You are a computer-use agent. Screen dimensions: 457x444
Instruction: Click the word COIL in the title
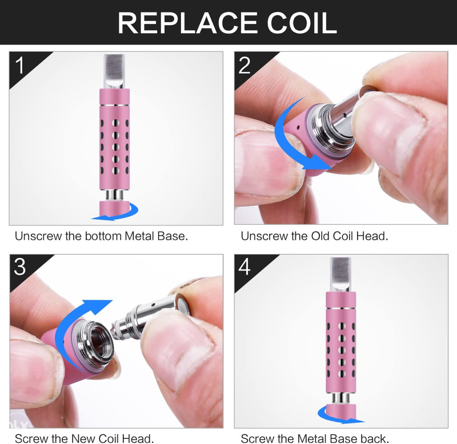pos(302,23)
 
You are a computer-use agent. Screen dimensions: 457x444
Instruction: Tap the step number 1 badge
pos(20,65)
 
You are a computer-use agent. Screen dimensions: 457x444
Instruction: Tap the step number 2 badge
pos(244,65)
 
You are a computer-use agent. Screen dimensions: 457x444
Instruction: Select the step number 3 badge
pos(20,267)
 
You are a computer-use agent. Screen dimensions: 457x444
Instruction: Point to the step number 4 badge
pos(244,267)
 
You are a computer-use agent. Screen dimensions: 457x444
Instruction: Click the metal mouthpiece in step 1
pos(114,71)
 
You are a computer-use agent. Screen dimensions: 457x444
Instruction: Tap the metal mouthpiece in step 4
pos(340,275)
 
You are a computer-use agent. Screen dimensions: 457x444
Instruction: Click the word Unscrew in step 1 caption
pos(38,236)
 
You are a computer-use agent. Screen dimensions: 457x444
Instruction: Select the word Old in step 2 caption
pos(320,236)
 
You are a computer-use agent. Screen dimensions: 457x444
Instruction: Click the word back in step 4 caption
pos(375,438)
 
